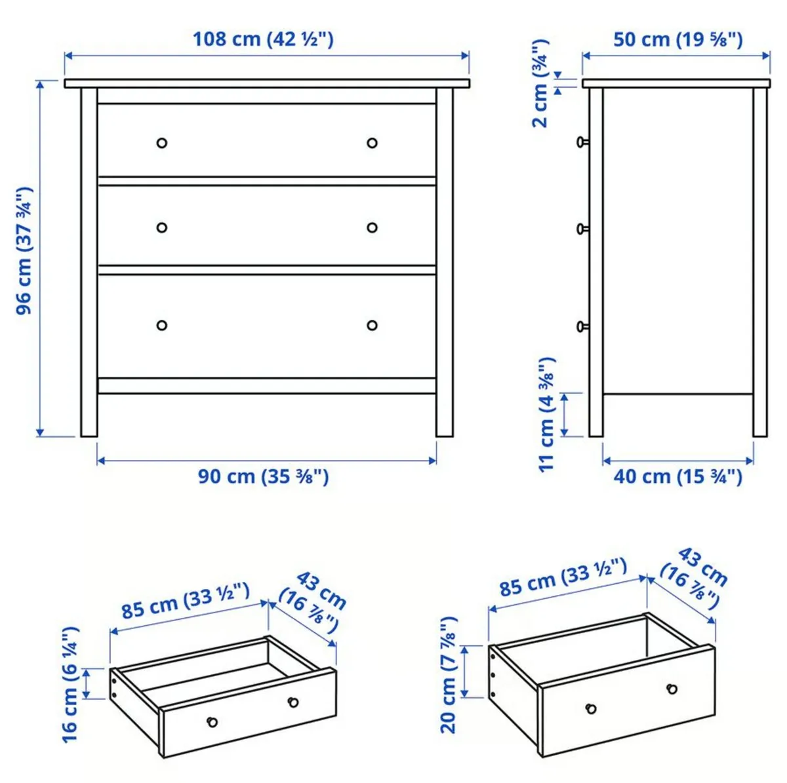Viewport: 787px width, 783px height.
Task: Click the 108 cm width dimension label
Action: pyautogui.click(x=263, y=39)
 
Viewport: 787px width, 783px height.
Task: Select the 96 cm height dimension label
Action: pyautogui.click(x=24, y=250)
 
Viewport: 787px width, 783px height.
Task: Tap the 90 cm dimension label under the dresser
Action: pyautogui.click(x=263, y=476)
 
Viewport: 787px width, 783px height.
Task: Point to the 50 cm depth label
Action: pyautogui.click(x=677, y=39)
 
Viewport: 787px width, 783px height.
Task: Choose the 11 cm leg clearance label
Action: pyautogui.click(x=547, y=414)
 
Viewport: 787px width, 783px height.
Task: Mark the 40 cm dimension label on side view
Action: pyautogui.click(x=677, y=476)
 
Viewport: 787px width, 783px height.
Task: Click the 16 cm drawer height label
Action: pyautogui.click(x=70, y=685)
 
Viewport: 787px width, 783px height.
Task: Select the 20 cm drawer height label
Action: pyautogui.click(x=449, y=674)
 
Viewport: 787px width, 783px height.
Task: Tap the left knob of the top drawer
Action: pyautogui.click(x=162, y=143)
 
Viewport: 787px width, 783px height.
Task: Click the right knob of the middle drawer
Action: pyautogui.click(x=372, y=227)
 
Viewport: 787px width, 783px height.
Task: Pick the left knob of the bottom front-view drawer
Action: pyautogui.click(x=162, y=325)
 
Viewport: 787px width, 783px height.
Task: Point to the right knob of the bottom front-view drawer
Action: pyautogui.click(x=372, y=325)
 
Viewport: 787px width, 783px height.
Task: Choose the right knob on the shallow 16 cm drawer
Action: pyautogui.click(x=293, y=702)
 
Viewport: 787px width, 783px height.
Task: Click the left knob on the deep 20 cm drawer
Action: pyautogui.click(x=591, y=708)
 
